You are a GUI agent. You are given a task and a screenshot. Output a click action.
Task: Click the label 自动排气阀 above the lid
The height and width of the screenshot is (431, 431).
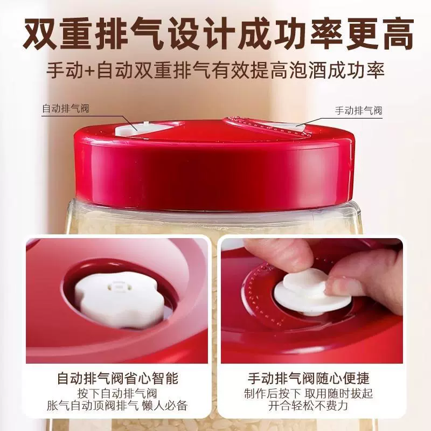point(66,108)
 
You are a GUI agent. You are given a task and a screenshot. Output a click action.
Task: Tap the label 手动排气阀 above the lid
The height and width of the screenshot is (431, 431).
point(358,110)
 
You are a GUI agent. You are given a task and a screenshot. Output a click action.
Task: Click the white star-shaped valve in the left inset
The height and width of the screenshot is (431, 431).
point(120,298)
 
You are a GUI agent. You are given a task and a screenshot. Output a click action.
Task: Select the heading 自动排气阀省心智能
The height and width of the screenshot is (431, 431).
point(118,378)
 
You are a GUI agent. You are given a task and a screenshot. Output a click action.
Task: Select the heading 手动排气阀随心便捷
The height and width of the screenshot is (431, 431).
point(309,378)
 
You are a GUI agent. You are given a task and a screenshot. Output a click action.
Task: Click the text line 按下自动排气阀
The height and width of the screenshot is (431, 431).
point(117,393)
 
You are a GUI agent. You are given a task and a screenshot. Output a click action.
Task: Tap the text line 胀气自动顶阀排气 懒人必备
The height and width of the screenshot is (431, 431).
point(117,406)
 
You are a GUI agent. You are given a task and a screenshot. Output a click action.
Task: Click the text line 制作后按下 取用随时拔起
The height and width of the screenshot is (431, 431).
point(308,393)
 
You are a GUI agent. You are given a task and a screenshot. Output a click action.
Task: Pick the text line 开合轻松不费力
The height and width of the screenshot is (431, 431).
point(308,406)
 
